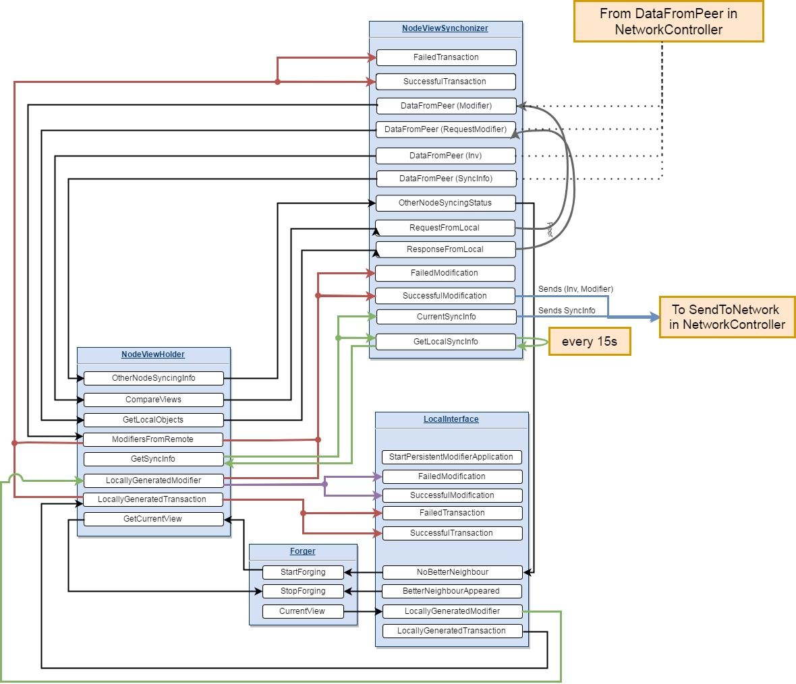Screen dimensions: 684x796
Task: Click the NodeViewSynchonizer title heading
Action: click(445, 28)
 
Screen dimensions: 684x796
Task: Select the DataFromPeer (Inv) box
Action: click(445, 156)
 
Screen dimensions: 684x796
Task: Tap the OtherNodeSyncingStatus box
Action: click(445, 203)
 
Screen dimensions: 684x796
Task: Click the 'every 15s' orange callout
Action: click(589, 342)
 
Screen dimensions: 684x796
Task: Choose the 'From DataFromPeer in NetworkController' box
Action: click(668, 22)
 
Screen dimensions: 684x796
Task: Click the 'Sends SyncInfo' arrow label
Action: click(567, 311)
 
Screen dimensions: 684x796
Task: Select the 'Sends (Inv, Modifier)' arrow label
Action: click(575, 289)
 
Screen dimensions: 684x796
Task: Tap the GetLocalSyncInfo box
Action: click(445, 342)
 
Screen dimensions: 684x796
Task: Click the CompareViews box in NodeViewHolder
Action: click(153, 400)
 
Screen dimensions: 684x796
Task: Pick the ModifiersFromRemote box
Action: click(152, 439)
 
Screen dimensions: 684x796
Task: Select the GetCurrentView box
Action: click(152, 519)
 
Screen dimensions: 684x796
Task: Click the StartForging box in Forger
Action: click(303, 572)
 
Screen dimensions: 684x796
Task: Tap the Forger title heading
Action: click(303, 551)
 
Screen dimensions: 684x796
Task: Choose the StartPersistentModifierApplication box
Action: click(451, 457)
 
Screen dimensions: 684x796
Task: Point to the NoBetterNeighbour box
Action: click(452, 572)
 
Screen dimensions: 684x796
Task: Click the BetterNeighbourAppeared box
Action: click(451, 591)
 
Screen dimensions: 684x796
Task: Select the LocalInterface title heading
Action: click(451, 419)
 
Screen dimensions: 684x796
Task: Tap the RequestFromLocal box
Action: click(445, 228)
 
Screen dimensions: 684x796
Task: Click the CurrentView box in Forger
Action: click(302, 611)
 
